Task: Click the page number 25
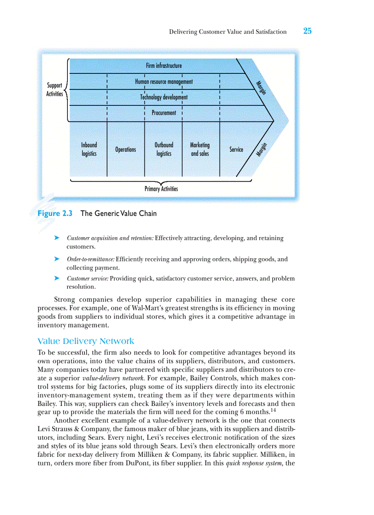pyautogui.click(x=307, y=31)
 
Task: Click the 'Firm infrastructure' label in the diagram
pyautogui.click(x=164, y=66)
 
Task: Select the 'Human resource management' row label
pyautogui.click(x=164, y=82)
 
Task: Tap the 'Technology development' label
pyautogui.click(x=164, y=97)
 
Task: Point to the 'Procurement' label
pyautogui.click(x=164, y=113)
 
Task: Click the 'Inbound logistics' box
pyautogui.click(x=89, y=149)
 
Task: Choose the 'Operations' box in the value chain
pyautogui.click(x=126, y=150)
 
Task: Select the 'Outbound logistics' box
pyautogui.click(x=164, y=149)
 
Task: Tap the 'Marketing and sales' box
pyautogui.click(x=200, y=149)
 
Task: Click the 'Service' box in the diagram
pyautogui.click(x=236, y=150)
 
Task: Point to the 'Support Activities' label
pyautogui.click(x=55, y=89)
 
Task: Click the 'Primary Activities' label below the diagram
pyautogui.click(x=161, y=189)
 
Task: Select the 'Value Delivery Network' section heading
pyautogui.click(x=86, y=341)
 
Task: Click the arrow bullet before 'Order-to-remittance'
pyautogui.click(x=57, y=259)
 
